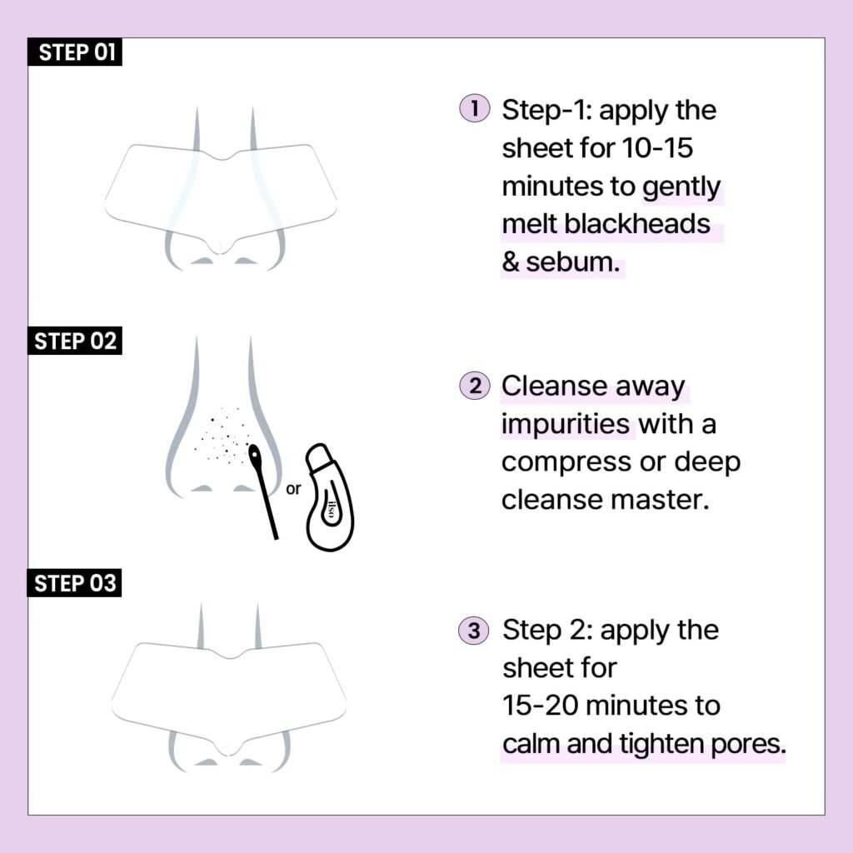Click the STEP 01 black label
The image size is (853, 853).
tap(76, 53)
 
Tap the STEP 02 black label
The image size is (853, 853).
tap(76, 342)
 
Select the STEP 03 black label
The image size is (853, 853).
tap(76, 583)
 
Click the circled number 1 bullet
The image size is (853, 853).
tap(473, 109)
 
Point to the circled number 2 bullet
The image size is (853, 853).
tap(474, 387)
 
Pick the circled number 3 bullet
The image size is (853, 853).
tap(474, 631)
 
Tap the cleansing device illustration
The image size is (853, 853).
tap(330, 498)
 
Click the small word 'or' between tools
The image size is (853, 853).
tap(293, 489)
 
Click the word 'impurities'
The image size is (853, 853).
tap(566, 424)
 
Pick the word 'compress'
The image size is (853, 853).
tap(570, 462)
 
